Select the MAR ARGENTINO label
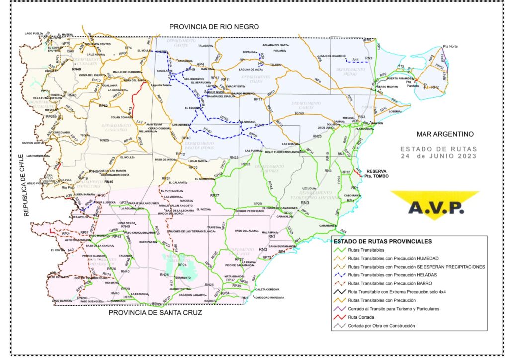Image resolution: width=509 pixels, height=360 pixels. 445,134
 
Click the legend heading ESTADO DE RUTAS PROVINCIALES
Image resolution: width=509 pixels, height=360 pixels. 382,241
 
